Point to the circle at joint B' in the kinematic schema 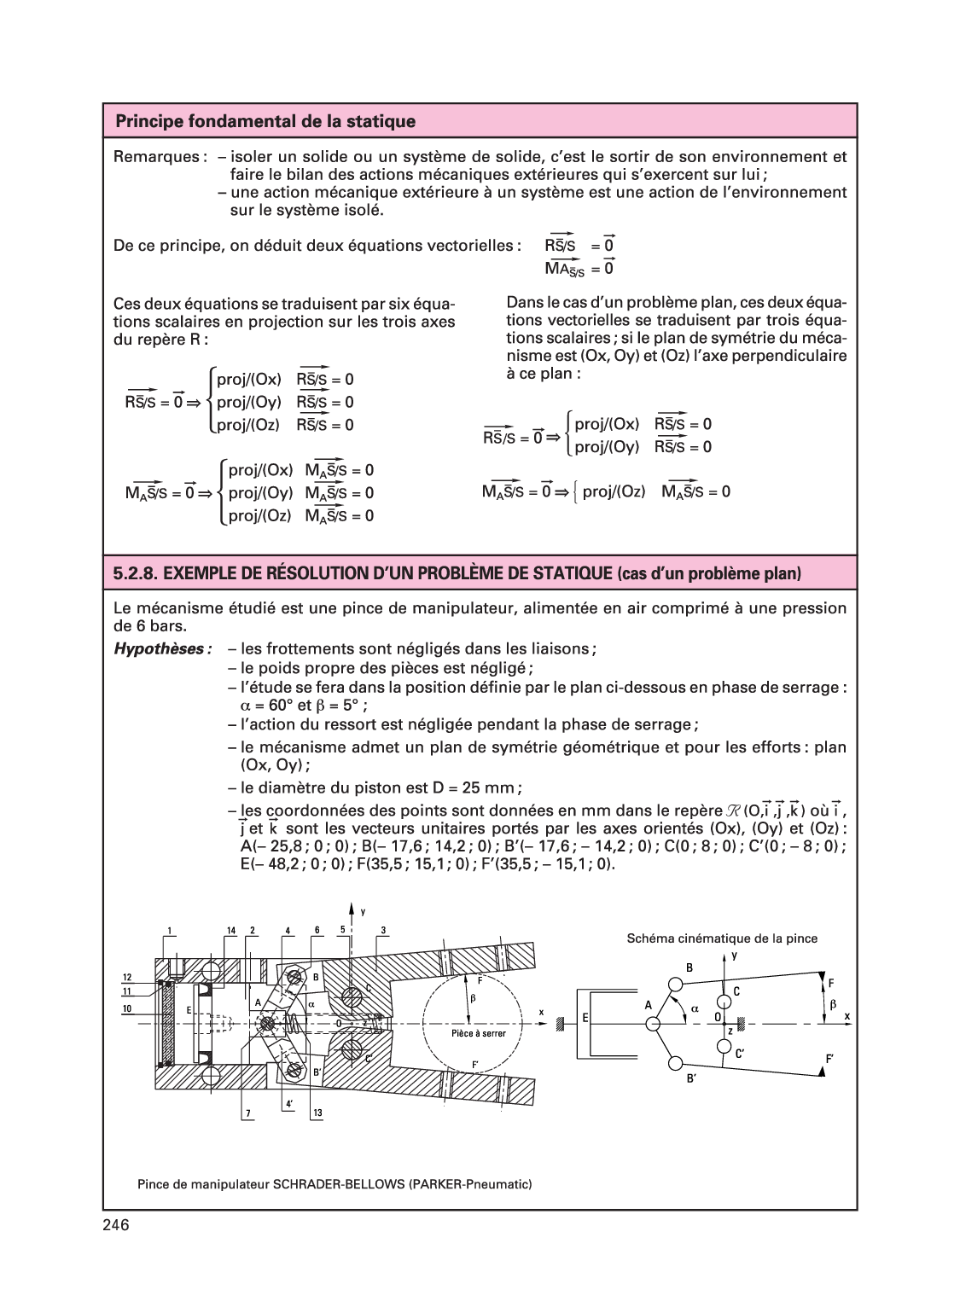[x=676, y=1063]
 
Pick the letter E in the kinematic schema [x=586, y=1018]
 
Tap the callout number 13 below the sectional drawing [x=317, y=1113]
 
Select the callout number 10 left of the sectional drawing [x=125, y=1008]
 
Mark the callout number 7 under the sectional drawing [x=247, y=1113]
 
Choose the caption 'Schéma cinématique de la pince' [x=722, y=938]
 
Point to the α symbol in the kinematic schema [x=695, y=1008]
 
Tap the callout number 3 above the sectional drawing [x=384, y=929]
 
